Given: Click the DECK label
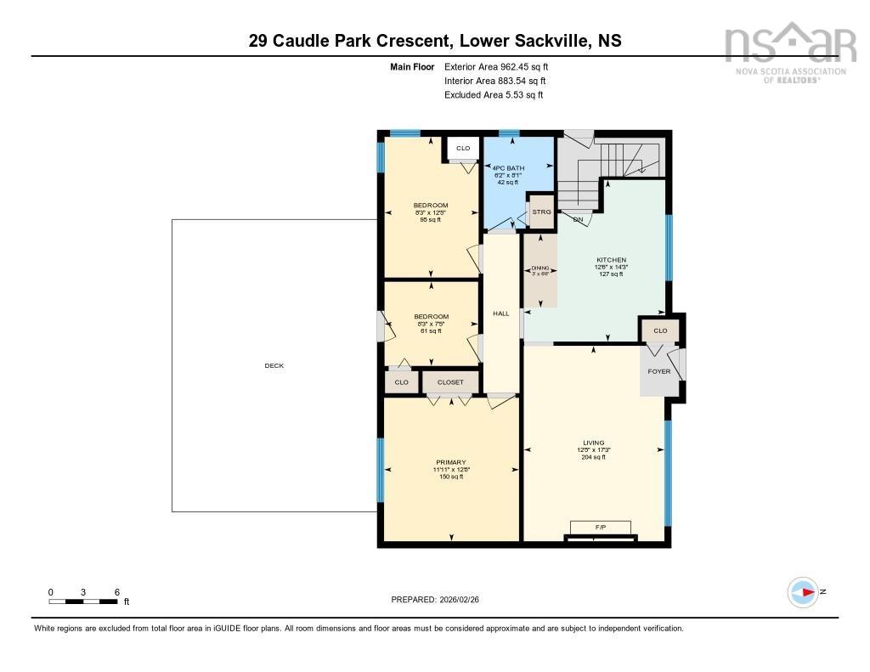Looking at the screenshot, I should tap(274, 365).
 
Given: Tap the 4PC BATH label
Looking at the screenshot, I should tap(507, 167).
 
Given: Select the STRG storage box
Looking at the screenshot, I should tap(541, 212).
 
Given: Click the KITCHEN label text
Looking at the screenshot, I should tap(611, 260).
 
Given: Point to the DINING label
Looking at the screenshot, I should tap(540, 268).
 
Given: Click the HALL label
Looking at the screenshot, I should tap(500, 313).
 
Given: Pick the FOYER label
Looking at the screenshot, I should tap(658, 371).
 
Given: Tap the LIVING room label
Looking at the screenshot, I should tap(593, 443).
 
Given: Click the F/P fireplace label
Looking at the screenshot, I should tap(600, 527).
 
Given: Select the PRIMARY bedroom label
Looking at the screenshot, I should tap(450, 462).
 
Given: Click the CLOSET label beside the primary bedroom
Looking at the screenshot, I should tap(450, 382).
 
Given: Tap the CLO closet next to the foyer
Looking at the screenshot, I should tap(660, 330).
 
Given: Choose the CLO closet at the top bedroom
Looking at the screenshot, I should tap(463, 149).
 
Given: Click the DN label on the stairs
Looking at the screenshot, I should tap(578, 220).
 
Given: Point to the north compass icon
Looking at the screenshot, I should tap(803, 590).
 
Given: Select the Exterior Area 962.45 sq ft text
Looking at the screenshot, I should tap(502, 66).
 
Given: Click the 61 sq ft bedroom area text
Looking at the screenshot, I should tap(431, 330).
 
